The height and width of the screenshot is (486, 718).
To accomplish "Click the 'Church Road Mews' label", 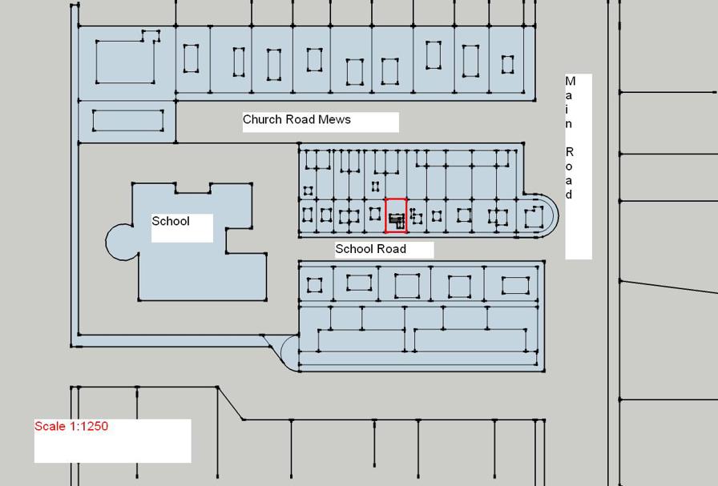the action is click(x=296, y=120).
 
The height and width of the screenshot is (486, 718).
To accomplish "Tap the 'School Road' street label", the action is click(x=370, y=249).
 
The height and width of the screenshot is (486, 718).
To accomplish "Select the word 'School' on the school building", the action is click(x=171, y=221).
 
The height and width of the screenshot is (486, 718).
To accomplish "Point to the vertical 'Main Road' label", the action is click(x=570, y=138).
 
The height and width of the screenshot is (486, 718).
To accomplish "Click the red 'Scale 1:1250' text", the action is click(x=71, y=426).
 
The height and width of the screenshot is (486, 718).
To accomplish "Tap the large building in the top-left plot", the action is click(x=125, y=61).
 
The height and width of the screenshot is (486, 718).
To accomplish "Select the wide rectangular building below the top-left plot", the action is click(x=128, y=121).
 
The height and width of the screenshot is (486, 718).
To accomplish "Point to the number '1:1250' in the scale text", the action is click(x=87, y=426).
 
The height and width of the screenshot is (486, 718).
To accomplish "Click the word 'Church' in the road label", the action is click(x=261, y=120).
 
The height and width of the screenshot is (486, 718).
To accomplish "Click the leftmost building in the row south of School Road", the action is click(x=314, y=285).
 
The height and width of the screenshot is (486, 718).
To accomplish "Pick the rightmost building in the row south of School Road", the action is click(x=515, y=286).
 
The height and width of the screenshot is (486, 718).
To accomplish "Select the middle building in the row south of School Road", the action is click(x=407, y=286).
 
